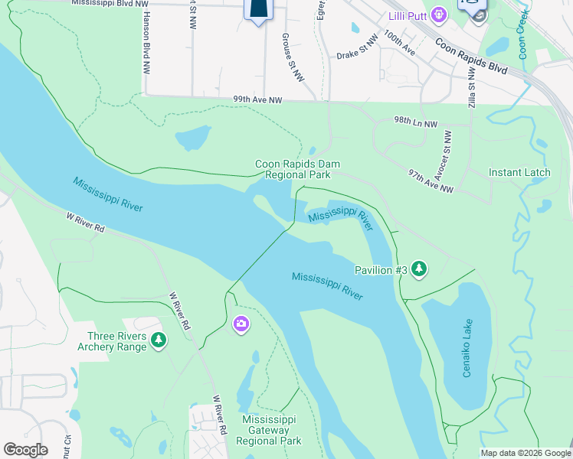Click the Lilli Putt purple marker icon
click(x=438, y=14)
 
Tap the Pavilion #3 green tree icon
click(x=418, y=269)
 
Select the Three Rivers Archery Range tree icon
click(x=158, y=339)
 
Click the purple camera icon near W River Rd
click(x=241, y=325)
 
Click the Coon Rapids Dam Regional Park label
click(x=297, y=169)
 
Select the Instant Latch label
click(x=519, y=172)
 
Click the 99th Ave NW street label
click(x=258, y=100)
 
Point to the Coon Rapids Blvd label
click(x=472, y=57)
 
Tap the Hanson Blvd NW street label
click(x=145, y=42)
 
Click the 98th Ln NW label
click(x=415, y=123)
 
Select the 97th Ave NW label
click(x=431, y=180)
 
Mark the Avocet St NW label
click(x=448, y=151)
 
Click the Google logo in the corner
click(x=25, y=450)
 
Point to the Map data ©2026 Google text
click(x=525, y=453)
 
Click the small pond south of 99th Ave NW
click(x=193, y=139)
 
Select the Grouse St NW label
click(x=289, y=49)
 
